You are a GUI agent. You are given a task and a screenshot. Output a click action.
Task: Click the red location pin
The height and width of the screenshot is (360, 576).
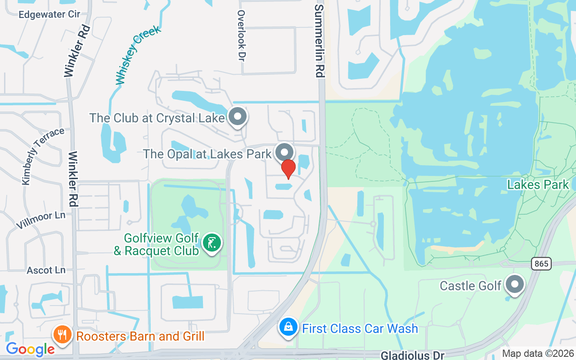tap(288, 169)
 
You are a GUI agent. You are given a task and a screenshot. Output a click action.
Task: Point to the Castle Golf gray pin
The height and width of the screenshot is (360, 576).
tap(515, 284)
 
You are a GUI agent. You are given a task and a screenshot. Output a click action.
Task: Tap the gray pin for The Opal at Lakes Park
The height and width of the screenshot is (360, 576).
tap(284, 152)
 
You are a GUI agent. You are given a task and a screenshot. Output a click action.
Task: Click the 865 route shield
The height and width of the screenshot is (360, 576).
tap(541, 264)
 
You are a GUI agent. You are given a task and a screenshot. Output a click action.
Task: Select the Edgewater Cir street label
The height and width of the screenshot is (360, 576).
tap(49, 14)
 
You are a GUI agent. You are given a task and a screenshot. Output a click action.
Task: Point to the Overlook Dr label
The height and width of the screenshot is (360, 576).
tap(242, 36)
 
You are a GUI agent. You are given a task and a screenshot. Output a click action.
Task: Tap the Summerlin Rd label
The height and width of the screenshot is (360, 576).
tap(319, 41)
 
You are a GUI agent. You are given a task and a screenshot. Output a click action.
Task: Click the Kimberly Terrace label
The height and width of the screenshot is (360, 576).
tap(43, 156)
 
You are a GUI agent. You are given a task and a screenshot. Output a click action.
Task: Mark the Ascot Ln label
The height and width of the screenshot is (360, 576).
tap(46, 270)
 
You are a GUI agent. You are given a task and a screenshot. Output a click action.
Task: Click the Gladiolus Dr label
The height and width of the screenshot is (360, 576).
tap(412, 355)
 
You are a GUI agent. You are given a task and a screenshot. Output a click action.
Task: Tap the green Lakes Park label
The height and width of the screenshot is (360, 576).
tap(538, 184)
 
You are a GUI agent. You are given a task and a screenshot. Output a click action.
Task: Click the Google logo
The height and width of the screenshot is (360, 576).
tap(30, 349)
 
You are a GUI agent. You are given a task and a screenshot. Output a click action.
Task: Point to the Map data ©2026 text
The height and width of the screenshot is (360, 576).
tap(538, 354)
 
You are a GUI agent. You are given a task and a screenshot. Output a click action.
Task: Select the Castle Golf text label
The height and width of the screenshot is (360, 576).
tap(470, 286)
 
